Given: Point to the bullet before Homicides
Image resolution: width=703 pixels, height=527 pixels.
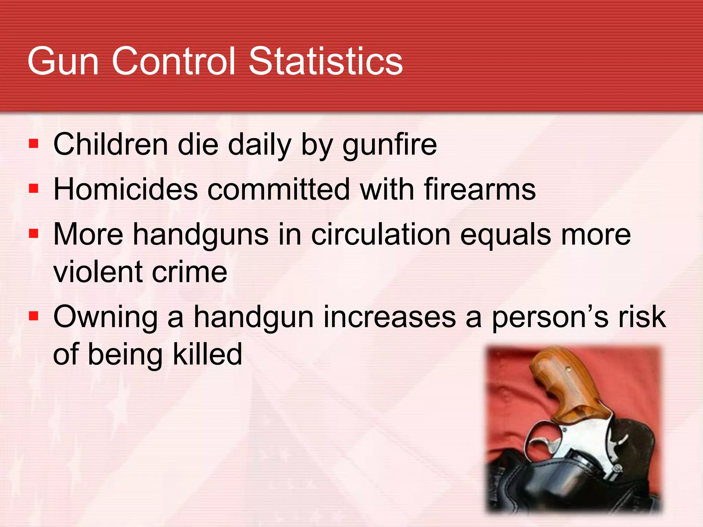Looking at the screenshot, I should click(33, 188).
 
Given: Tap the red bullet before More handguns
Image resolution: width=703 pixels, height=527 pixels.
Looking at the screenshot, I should click(33, 234).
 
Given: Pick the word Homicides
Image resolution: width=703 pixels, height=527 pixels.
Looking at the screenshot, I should click(126, 189).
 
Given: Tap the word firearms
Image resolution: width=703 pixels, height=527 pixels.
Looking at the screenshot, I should click(480, 189).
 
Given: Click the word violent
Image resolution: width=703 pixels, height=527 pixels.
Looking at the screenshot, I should click(97, 272).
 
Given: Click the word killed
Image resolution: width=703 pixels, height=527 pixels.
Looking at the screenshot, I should click(207, 354).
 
